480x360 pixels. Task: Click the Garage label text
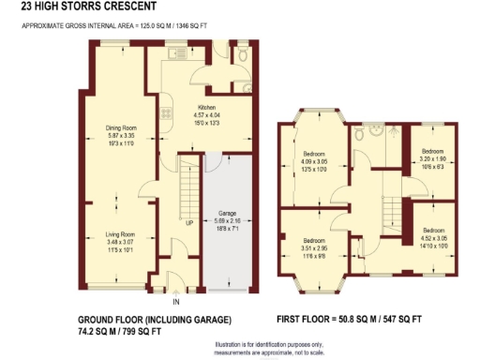227,217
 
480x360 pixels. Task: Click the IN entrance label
175,302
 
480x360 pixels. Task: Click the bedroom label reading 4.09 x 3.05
314,157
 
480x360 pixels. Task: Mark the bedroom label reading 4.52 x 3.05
433,234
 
